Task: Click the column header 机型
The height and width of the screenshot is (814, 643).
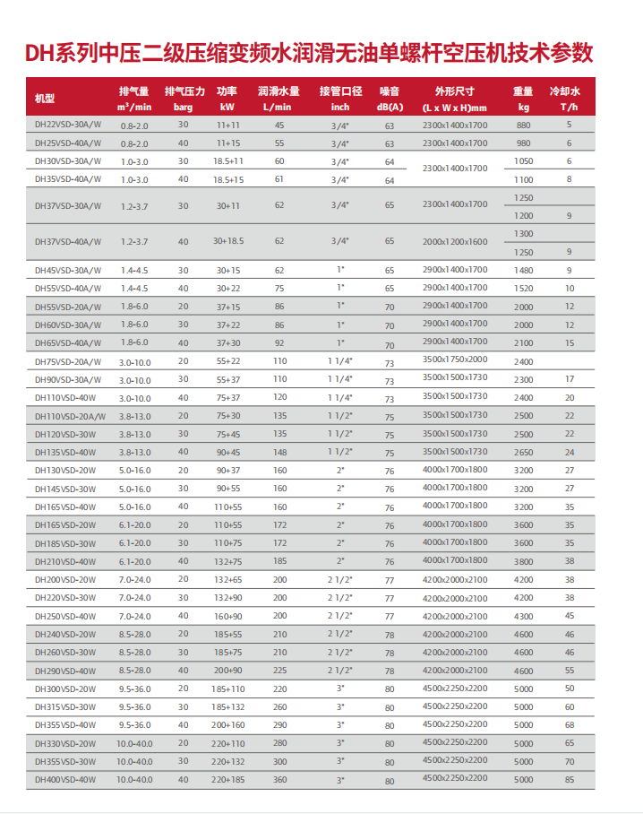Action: pos(45,99)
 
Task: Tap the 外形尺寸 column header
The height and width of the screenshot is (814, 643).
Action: pos(455,99)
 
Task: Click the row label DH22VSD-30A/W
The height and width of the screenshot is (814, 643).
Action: pos(68,125)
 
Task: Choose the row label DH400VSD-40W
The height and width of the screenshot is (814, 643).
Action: pos(64,780)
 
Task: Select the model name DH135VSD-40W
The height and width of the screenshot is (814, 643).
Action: pos(64,452)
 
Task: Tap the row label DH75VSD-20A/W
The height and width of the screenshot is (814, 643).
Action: pos(68,361)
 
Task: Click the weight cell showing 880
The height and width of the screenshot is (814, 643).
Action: pos(524,125)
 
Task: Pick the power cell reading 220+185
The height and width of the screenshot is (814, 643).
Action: pos(227,780)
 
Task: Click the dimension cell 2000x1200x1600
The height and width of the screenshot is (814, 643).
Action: pos(455,241)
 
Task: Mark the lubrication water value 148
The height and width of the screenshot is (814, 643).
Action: pos(279,452)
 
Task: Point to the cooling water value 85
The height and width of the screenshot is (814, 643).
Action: pos(569,780)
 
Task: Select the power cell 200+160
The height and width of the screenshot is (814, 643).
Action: pos(227,724)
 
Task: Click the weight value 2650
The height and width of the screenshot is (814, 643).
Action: pos(524,452)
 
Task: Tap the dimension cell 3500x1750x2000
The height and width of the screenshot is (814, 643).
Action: pos(455,360)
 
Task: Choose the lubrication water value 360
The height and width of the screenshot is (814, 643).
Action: pos(279,780)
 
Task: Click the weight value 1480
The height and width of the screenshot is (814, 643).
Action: pos(524,270)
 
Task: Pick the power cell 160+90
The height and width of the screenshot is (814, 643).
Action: pos(227,616)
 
